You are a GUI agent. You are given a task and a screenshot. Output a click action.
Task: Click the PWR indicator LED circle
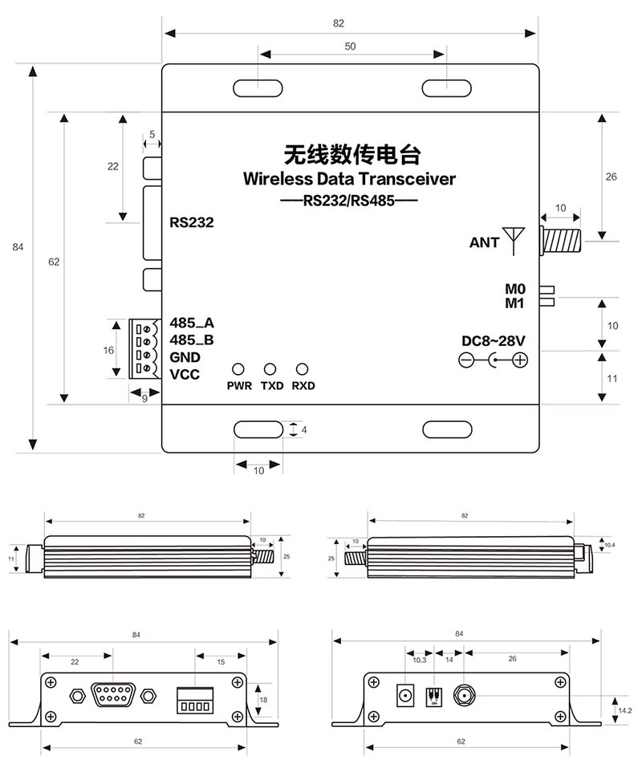coord(238,369)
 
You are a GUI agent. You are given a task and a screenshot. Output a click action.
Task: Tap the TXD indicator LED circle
coord(270,369)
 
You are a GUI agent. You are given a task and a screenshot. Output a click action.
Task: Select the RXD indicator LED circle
coord(303,369)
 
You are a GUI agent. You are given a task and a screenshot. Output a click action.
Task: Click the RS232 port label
coord(192,222)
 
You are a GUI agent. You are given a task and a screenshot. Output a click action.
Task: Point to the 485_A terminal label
coord(192,323)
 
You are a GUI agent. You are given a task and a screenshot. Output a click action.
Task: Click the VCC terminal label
coord(185,375)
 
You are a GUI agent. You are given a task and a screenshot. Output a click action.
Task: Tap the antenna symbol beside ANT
coord(513,240)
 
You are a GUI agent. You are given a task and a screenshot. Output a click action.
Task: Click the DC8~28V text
coord(494,341)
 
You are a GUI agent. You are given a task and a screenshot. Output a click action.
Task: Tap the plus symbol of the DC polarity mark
coord(520,360)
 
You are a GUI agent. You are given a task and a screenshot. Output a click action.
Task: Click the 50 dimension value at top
coord(351,47)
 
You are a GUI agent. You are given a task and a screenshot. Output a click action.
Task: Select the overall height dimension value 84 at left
coord(18,247)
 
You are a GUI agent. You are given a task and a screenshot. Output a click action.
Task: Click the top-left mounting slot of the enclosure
coord(257,87)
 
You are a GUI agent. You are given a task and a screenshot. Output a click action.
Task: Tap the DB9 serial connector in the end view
coord(113,693)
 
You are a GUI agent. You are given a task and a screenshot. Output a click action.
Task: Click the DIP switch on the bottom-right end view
coord(433,694)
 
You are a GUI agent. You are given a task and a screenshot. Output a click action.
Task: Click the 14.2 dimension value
coord(624,710)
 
